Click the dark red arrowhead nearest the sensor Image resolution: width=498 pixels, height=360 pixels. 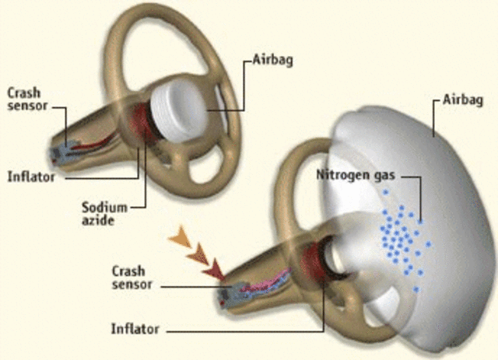213,270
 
